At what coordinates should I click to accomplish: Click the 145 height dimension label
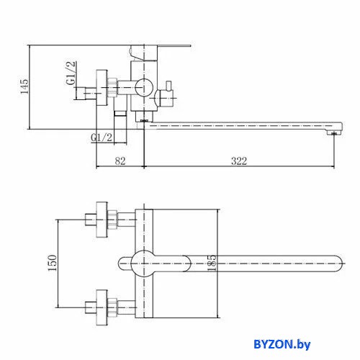coord(24,86)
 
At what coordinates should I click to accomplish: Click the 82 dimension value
coord(120,161)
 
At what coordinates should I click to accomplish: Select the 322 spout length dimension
coord(239,161)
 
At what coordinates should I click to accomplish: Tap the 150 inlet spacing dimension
coord(53,263)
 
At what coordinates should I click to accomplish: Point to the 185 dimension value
coord(212,264)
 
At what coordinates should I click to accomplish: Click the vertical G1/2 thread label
coord(71,73)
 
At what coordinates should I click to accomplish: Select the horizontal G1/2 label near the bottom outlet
coord(102,138)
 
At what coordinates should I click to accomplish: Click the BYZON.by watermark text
coord(282,345)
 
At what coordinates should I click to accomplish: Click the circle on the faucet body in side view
coord(144,87)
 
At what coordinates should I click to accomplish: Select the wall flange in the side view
coord(102,88)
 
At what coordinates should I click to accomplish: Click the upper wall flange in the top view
coord(102,220)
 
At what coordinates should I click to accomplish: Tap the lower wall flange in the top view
coord(102,307)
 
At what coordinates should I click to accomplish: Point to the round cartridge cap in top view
coord(144,264)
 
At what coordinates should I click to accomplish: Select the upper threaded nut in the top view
coord(112,220)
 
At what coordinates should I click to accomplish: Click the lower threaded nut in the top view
coord(112,307)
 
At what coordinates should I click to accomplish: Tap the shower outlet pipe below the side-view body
coord(120,127)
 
